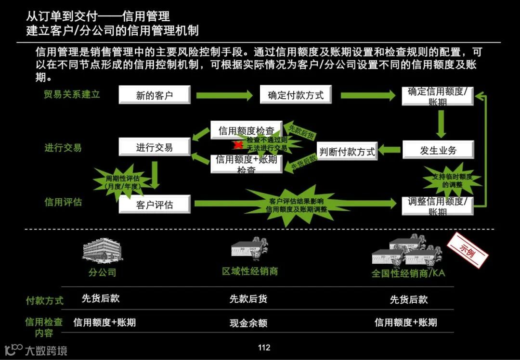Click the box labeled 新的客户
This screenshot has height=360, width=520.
click(155, 95)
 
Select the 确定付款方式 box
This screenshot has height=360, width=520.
click(296, 95)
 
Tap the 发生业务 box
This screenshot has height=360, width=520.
click(438, 150)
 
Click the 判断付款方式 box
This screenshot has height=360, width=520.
click(347, 152)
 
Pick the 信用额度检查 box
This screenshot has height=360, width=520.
click(246, 130)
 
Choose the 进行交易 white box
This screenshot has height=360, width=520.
click(154, 147)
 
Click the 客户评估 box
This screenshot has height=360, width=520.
click(154, 205)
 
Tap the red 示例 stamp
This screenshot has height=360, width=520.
click(467, 251)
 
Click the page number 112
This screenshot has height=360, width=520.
click(264, 348)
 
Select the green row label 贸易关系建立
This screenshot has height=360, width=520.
click(72, 94)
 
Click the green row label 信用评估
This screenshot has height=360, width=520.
click(63, 202)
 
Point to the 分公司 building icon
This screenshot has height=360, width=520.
click(102, 251)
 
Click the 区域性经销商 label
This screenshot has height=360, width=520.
click(250, 271)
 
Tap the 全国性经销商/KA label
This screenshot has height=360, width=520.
click(408, 273)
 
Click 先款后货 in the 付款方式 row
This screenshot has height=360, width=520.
click(248, 299)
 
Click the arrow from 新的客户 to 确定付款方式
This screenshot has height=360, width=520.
click(224, 95)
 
